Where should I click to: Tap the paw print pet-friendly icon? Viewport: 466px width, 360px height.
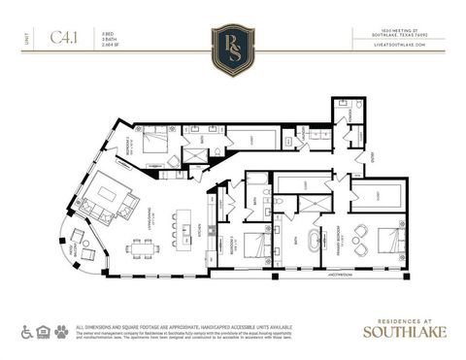pyautogui.click(x=61, y=332)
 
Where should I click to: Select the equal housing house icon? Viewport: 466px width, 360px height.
pyautogui.click(x=43, y=332)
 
